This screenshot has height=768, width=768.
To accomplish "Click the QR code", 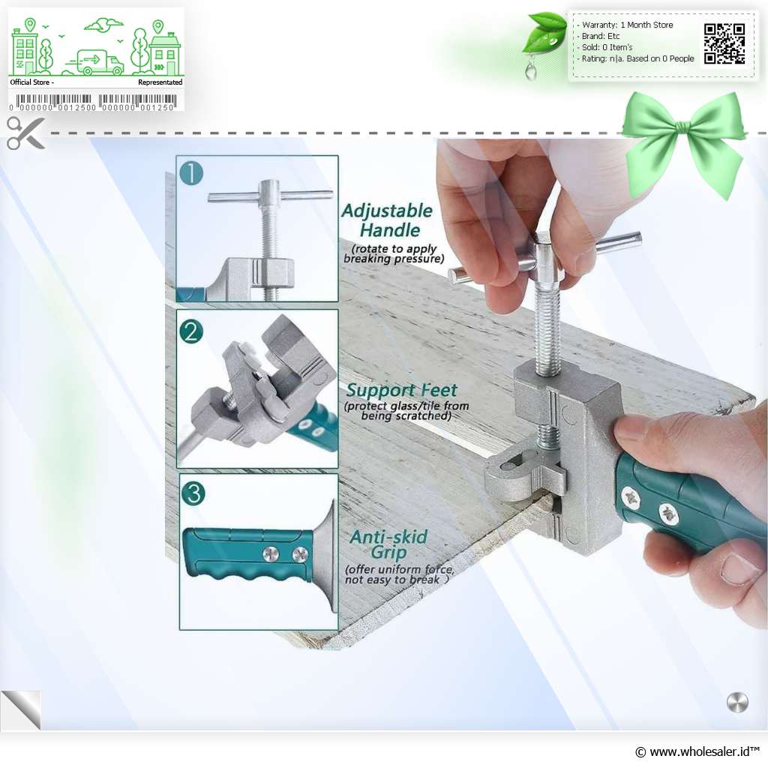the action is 724,44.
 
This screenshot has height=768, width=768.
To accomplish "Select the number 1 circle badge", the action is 191,173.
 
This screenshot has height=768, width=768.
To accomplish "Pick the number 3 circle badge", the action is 193,493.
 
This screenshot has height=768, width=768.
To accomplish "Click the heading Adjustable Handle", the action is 388,220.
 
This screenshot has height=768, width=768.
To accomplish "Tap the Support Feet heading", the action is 402,390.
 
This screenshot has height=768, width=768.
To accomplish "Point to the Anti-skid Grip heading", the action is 389,544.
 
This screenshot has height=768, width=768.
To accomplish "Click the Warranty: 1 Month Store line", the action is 628,25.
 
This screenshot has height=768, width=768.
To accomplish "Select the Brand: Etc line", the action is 600,36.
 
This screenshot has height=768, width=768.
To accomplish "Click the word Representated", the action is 160,82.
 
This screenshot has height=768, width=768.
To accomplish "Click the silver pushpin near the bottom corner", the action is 737,703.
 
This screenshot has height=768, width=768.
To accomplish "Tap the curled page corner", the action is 21,710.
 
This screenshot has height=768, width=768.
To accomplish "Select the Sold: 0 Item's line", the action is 607,47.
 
